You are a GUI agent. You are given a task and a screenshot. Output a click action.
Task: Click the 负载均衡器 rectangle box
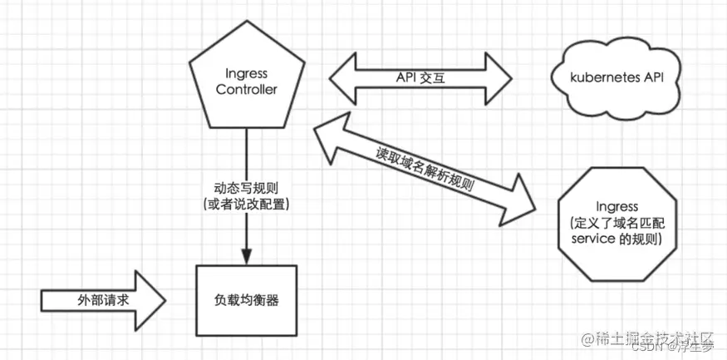tap(246, 300)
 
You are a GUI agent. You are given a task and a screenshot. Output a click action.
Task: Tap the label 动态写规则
tap(247, 188)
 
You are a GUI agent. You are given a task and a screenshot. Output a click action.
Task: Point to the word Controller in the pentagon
tap(246, 90)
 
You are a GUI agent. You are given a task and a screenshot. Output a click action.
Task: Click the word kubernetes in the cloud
tap(592, 80)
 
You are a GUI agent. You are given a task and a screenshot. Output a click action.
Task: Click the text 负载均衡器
tap(246, 300)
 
